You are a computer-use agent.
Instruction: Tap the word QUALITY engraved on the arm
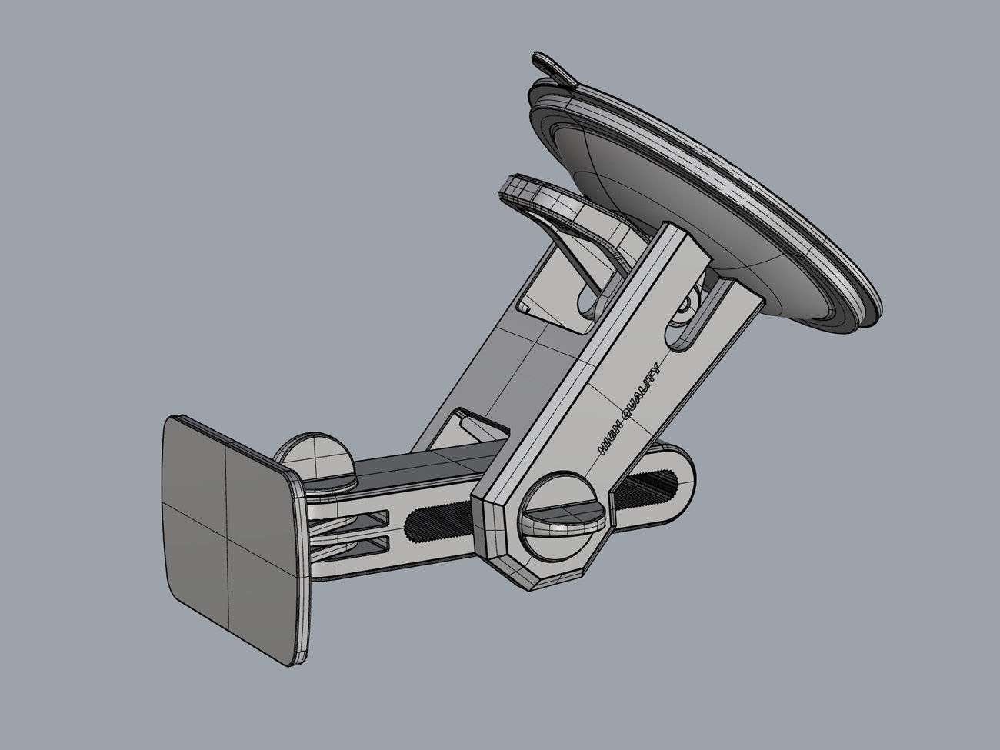tap(640, 393)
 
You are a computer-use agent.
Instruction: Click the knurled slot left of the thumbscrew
tap(442, 523)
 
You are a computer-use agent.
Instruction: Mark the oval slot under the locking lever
tap(588, 302)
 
